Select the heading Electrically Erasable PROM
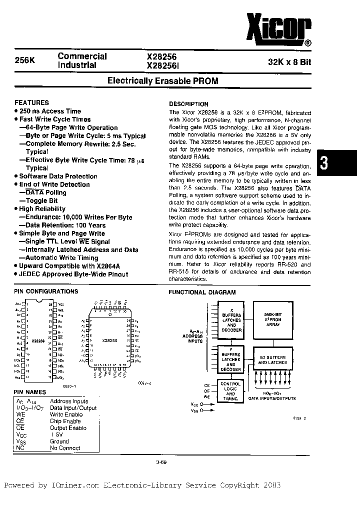(163, 81)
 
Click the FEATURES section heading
(32, 102)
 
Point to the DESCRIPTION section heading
(188, 104)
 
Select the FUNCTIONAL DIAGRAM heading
(202, 292)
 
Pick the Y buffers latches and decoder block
(230, 358)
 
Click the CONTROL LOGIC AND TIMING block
(230, 391)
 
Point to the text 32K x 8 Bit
(292, 62)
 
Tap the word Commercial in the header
(82, 56)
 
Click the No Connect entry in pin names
(65, 448)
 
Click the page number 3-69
(161, 462)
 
